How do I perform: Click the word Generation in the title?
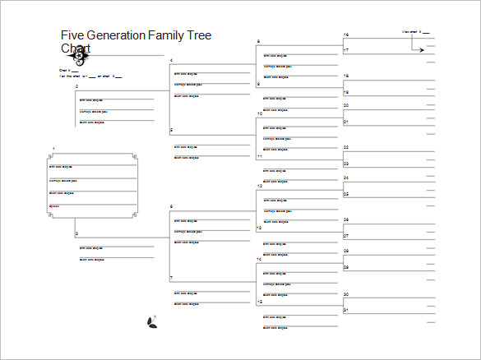(116, 35)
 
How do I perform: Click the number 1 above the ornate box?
(54, 149)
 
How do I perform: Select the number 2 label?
(76, 85)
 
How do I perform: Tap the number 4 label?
(171, 61)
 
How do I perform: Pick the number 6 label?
(171, 206)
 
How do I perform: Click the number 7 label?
(171, 278)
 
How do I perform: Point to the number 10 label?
(259, 113)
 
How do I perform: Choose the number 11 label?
(259, 155)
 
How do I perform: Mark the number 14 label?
(259, 259)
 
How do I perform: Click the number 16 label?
(346, 35)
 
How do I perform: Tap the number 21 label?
(346, 122)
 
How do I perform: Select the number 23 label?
(346, 164)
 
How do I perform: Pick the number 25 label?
(346, 194)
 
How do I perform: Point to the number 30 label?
(346, 293)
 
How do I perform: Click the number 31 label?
(346, 309)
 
